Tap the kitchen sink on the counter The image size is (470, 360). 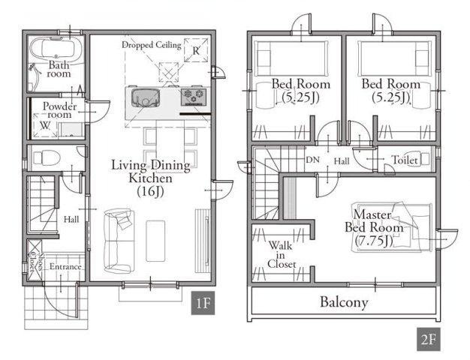pyautogui.click(x=146, y=97)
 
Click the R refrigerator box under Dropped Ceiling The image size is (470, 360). pyautogui.click(x=196, y=49)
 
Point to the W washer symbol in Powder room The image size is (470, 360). pyautogui.click(x=45, y=125)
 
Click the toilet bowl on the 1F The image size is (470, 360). pyautogui.click(x=47, y=157)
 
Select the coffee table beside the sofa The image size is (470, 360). pyautogui.click(x=155, y=241)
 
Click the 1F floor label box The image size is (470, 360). pyautogui.click(x=203, y=303)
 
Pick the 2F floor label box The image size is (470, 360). pyautogui.click(x=429, y=339)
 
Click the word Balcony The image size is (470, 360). pyautogui.click(x=344, y=301)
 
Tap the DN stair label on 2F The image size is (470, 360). pyautogui.click(x=312, y=160)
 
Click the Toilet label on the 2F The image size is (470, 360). pyautogui.click(x=405, y=160)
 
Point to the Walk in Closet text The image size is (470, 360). pyautogui.click(x=282, y=254)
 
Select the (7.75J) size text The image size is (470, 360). pyautogui.click(x=373, y=241)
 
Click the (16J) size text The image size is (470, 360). pyautogui.click(x=150, y=191)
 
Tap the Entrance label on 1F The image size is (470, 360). pyautogui.click(x=65, y=266)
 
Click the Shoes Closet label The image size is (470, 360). pyautogui.click(x=36, y=262)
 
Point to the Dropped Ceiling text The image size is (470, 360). pyautogui.click(x=152, y=45)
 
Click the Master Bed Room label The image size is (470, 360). pyautogui.click(x=374, y=221)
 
